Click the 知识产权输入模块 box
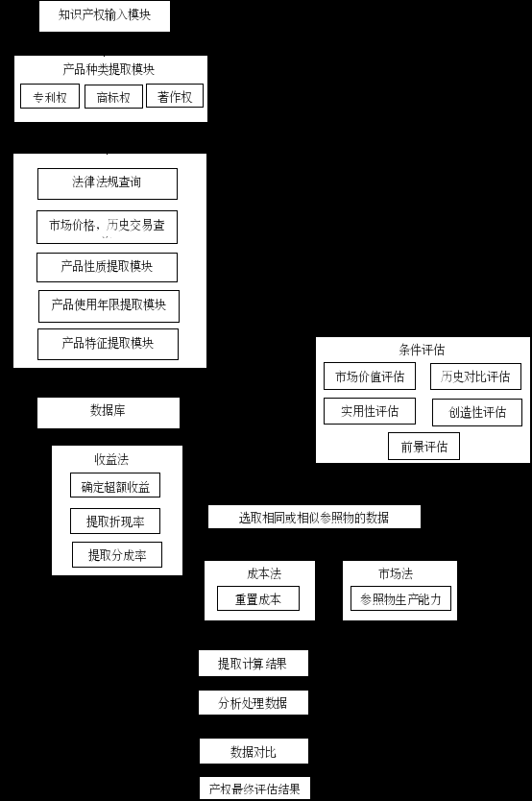pos(105,15)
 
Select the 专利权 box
pos(50,96)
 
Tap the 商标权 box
pos(113,97)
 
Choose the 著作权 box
pos(175,95)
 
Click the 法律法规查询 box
pos(108,183)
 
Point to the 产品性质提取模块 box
pos(108,267)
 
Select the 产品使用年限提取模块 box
pos(109,306)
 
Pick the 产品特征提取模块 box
pos(108,344)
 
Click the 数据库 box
pos(109,413)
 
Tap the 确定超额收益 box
pos(115,485)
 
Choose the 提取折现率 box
pos(115,522)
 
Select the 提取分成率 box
pos(117,555)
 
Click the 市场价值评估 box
pos(370,376)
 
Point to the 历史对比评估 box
pos(476,376)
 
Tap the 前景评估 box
pos(423,446)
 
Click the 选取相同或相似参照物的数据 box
pos(315,517)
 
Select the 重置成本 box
pos(258,598)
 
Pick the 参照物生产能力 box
pos(400,598)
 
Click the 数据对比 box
pos(254,751)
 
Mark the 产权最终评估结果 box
pos(254,789)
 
